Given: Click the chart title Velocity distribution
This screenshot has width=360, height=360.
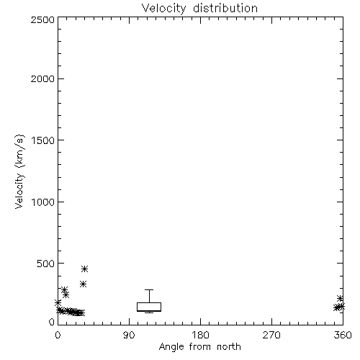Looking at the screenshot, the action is point(199,9).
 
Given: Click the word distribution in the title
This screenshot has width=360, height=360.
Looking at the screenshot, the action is point(225,8).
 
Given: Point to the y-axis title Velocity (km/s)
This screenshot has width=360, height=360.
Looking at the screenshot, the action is point(19,171).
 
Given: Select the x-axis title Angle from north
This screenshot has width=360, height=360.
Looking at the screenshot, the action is point(199,347).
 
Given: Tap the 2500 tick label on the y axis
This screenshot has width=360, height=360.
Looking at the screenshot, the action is point(42,19).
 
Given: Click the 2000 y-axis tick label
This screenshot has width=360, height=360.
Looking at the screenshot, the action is point(42,78).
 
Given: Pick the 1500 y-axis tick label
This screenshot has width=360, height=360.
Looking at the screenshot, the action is point(43,140).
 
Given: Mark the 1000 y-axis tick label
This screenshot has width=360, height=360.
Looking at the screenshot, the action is point(43,202).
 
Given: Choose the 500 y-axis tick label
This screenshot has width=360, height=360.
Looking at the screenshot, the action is point(46,264).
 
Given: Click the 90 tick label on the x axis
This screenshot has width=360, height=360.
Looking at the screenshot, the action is point(129,335).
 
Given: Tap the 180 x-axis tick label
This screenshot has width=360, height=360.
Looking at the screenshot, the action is point(200,335).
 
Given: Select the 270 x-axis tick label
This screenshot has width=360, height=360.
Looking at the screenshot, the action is point(271,335).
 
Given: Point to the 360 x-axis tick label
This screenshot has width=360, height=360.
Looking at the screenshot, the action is point(343,335).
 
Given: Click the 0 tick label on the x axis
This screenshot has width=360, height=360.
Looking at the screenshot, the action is point(58,335).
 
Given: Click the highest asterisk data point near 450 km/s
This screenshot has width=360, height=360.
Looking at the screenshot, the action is point(84,269).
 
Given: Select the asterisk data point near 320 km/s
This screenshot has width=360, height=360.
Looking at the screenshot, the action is point(83,284).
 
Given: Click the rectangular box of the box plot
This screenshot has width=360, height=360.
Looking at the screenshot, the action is point(149,307).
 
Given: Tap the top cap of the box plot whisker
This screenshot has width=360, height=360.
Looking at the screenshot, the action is point(149,290).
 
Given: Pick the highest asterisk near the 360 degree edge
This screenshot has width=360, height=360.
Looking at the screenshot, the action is point(340,299).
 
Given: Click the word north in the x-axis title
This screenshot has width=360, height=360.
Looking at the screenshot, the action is point(229,347).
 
